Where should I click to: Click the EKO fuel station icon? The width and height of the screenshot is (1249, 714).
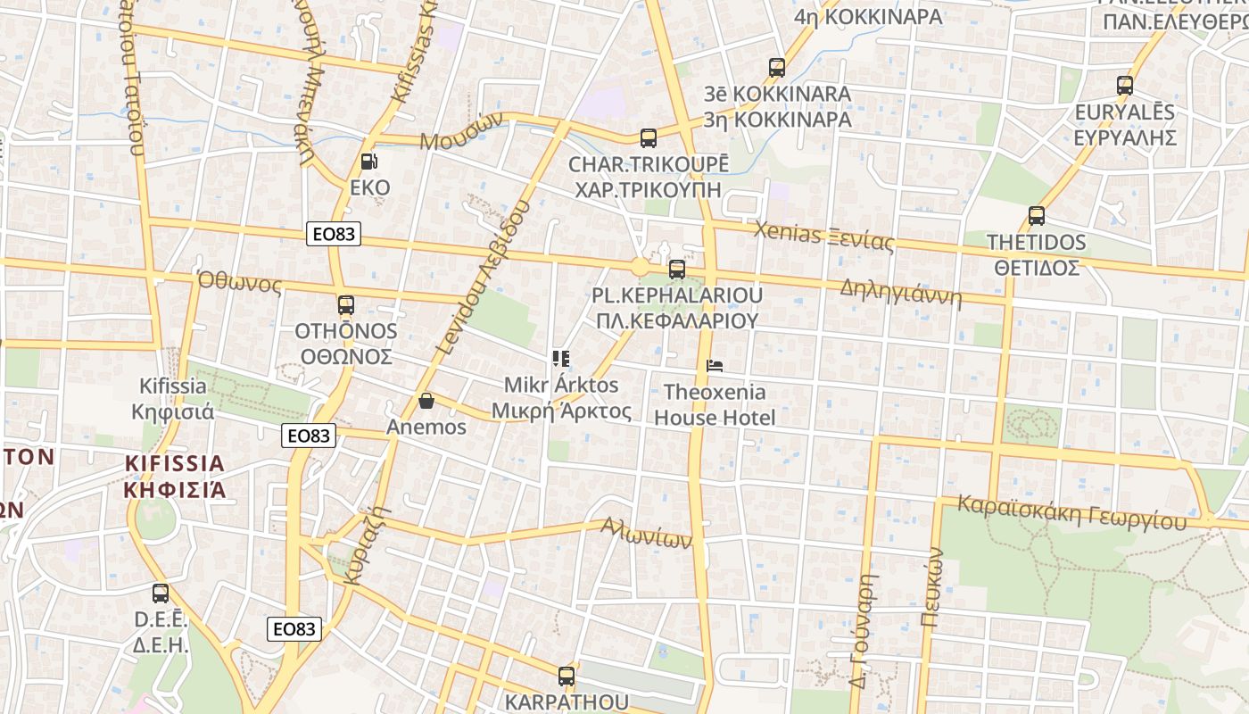tap(368, 162)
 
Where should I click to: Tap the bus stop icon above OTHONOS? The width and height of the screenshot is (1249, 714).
tap(346, 305)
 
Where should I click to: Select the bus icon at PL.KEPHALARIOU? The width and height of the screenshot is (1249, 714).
tap(677, 269)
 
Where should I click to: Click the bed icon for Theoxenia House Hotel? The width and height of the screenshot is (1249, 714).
tap(714, 365)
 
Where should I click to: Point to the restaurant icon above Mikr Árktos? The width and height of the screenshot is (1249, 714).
tap(561, 359)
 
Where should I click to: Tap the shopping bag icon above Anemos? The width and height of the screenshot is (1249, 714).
tap(426, 401)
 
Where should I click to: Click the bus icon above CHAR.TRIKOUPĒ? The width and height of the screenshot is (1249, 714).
tap(649, 138)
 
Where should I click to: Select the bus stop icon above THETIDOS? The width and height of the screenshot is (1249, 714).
tap(1036, 216)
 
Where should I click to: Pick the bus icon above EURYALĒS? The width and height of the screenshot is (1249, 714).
tap(1124, 87)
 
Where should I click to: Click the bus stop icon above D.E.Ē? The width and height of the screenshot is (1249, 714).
tap(161, 593)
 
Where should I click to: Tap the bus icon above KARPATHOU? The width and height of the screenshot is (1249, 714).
tap(567, 676)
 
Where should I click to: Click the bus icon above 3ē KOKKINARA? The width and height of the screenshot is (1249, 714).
tap(776, 68)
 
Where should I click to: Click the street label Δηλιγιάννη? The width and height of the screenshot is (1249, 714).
tap(901, 292)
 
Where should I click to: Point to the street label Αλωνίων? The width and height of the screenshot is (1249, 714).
tap(647, 533)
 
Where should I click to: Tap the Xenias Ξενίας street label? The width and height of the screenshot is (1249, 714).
tap(823, 237)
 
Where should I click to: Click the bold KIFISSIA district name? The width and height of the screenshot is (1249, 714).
tap(175, 463)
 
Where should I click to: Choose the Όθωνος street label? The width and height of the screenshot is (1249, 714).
tap(239, 283)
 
